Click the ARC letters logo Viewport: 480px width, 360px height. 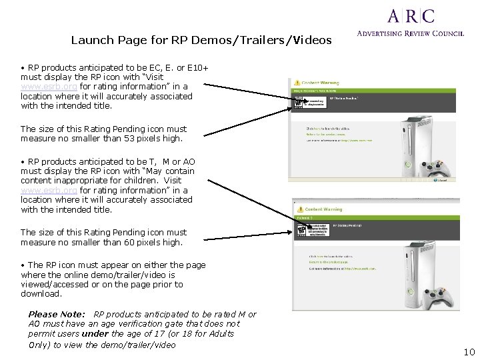[411, 16]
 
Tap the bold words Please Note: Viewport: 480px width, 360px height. [57, 314]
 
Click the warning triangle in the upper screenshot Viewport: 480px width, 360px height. [299, 82]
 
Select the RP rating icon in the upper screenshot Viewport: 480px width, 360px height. [299, 103]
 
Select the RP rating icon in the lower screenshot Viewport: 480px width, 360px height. [303, 231]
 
